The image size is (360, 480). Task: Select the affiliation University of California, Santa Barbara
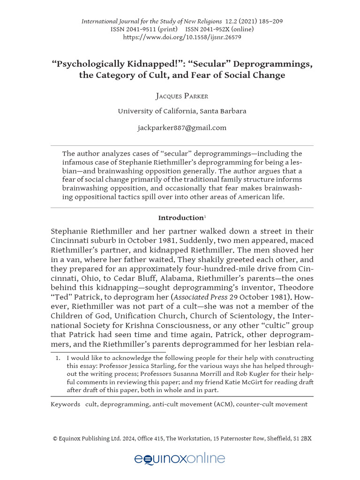click(x=182, y=111)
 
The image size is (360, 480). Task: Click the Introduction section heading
click(x=180, y=218)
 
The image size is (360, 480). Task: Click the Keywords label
click(x=65, y=404)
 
